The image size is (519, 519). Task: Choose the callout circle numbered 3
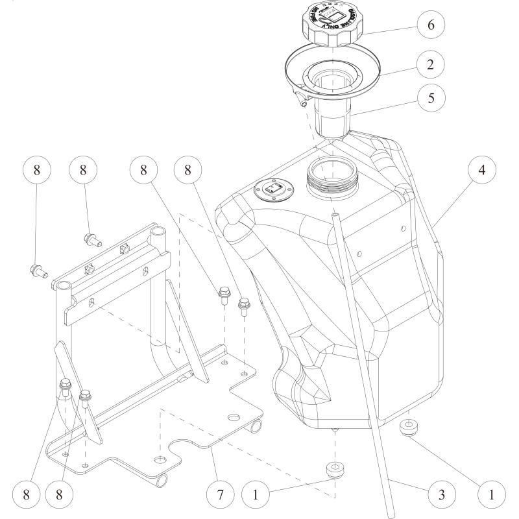click(440, 494)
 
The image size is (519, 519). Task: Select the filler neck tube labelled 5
click(332, 120)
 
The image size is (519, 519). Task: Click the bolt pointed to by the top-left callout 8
click(38, 269)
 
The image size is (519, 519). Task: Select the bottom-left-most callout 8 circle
click(27, 494)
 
